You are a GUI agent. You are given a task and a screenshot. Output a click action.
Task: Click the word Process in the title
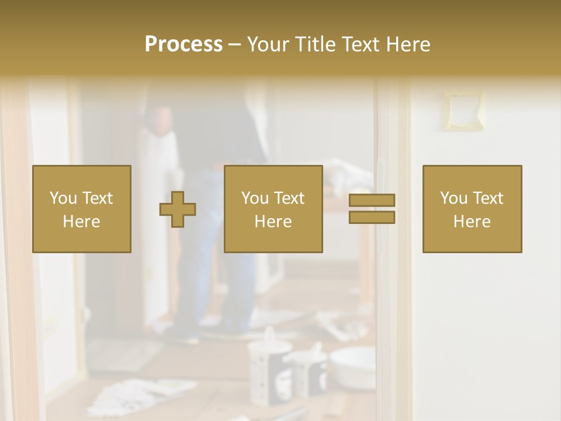coord(183,44)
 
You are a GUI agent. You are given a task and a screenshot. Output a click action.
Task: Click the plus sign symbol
coord(178,209)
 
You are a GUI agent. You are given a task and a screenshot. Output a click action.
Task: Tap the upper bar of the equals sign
coord(372,201)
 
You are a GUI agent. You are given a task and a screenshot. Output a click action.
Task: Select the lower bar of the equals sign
coord(372,217)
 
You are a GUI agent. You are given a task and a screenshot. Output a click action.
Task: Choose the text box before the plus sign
coord(82,209)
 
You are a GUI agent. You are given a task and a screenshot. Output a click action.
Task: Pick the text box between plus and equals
coord(273,209)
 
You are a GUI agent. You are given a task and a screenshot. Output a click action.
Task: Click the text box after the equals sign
coord(472,209)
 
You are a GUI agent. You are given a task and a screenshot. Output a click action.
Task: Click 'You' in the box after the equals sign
coord(455,198)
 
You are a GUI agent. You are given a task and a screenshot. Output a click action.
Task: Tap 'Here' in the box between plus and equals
coord(273,222)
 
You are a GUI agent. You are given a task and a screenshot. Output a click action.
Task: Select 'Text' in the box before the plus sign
coord(97,198)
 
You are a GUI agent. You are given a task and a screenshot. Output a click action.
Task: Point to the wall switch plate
coord(463,109)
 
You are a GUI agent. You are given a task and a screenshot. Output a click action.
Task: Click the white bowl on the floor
coord(352,367)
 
